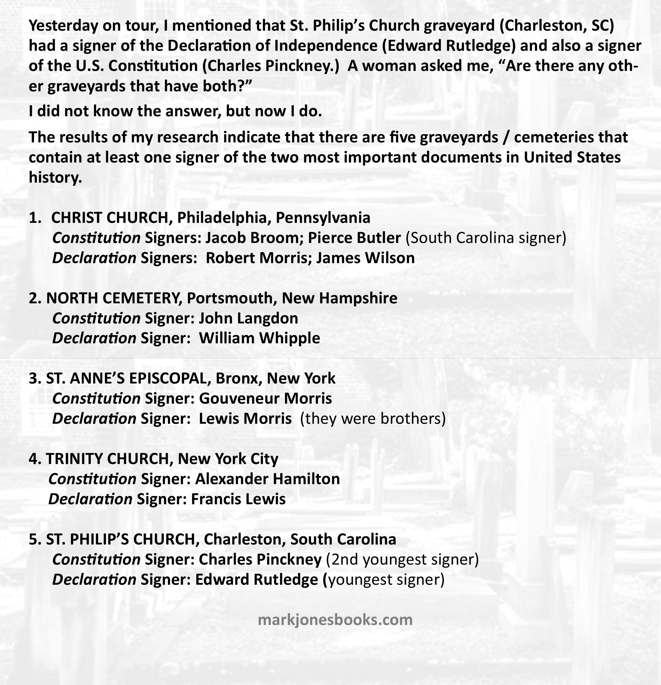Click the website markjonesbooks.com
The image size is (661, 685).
[335, 620]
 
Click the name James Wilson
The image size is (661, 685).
[366, 258]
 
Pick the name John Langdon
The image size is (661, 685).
[248, 318]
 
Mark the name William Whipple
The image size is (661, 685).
[259, 338]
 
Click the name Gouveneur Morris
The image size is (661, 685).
[265, 399]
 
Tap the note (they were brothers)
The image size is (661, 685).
[373, 418]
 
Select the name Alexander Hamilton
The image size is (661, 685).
[267, 479]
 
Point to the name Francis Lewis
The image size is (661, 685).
[238, 499]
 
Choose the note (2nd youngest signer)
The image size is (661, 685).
[402, 559]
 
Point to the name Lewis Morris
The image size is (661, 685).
[245, 418]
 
